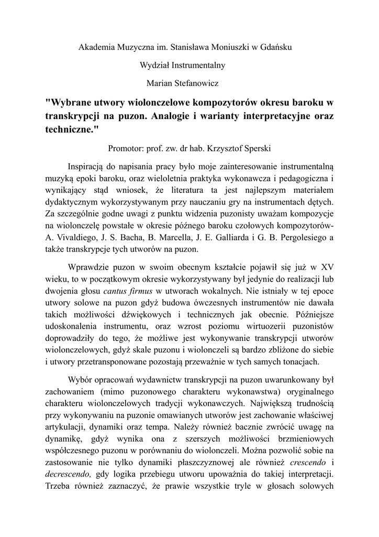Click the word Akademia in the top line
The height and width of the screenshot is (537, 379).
coord(95,47)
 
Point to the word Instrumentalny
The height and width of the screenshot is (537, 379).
coord(200,65)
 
